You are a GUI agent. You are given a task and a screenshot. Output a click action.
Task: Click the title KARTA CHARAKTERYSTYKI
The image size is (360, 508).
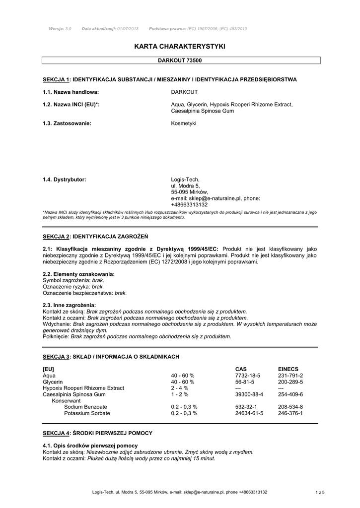(x=180, y=46)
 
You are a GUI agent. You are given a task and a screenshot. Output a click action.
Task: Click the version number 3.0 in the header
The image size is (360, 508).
(x=68, y=29)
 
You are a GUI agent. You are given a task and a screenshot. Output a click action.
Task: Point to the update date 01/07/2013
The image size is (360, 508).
(x=128, y=29)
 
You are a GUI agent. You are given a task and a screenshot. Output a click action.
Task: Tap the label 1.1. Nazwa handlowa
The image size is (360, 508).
(x=71, y=92)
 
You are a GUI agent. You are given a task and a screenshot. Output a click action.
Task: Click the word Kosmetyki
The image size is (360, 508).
(x=184, y=123)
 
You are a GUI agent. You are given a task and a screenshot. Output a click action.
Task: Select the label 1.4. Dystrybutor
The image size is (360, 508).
(x=65, y=180)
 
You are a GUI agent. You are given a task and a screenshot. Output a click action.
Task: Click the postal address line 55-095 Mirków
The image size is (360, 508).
(x=190, y=192)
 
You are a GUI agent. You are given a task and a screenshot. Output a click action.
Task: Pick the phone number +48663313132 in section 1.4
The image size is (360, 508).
(x=189, y=204)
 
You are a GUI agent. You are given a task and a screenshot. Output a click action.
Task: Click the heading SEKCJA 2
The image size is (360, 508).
(x=56, y=236)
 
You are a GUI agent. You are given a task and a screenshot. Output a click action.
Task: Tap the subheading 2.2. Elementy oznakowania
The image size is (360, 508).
(x=79, y=274)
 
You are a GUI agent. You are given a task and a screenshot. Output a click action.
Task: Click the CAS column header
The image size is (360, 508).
(x=241, y=369)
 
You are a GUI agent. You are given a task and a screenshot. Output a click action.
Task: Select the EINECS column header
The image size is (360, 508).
(x=288, y=369)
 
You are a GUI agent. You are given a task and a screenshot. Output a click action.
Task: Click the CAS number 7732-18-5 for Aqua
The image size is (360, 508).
(x=248, y=376)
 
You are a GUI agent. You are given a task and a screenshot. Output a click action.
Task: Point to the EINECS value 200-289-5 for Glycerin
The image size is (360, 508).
(x=290, y=382)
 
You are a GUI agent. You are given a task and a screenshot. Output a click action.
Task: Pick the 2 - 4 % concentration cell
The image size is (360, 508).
(x=180, y=388)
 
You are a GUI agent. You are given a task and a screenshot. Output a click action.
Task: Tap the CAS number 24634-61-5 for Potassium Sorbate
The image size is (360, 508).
(x=249, y=413)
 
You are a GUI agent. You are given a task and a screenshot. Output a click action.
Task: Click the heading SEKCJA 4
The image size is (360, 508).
(x=56, y=433)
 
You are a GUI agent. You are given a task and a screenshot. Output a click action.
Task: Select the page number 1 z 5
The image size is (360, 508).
(x=320, y=492)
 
